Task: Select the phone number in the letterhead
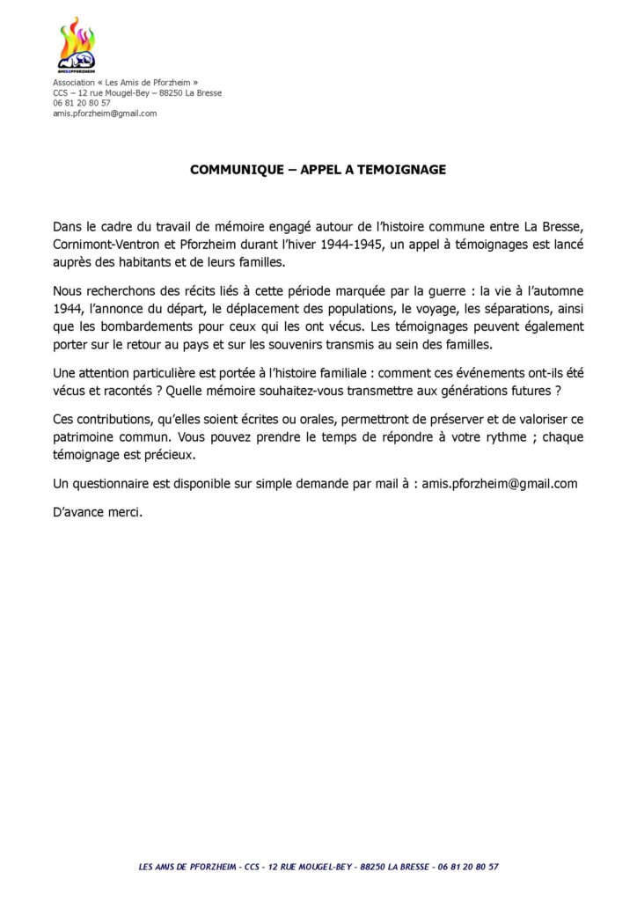82,103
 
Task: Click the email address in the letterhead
105,114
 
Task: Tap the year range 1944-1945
350,245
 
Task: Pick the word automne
555,290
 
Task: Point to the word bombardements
140,326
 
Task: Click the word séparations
514,308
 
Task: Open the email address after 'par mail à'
501,483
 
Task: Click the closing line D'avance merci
98,512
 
